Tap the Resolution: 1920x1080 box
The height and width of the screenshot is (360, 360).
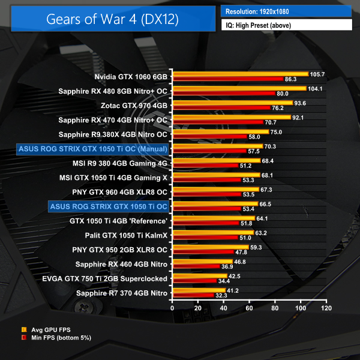point(287,11)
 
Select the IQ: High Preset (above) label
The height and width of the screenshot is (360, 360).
point(287,25)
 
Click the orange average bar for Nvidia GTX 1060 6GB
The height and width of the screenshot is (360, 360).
point(240,74)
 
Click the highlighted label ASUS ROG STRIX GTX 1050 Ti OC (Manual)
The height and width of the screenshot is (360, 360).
point(93,148)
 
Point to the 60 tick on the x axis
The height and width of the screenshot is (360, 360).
point(249,308)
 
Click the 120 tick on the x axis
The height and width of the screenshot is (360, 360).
point(326,308)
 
